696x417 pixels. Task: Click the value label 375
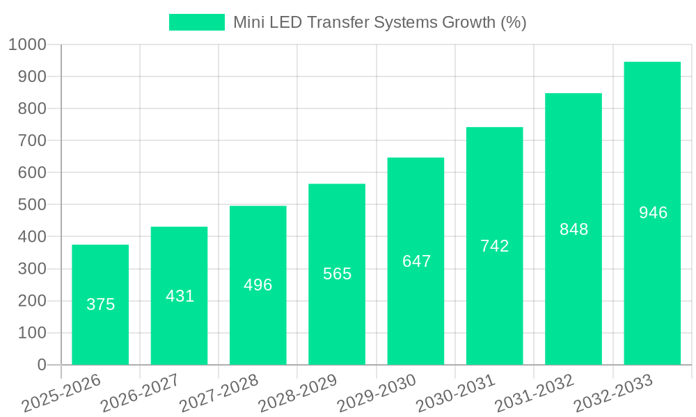tap(100, 304)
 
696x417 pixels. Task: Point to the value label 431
tap(180, 296)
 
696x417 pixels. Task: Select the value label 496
tap(258, 285)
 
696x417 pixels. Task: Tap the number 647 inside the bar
tap(416, 261)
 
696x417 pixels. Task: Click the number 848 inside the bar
tap(574, 229)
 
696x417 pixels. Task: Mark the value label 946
tap(653, 213)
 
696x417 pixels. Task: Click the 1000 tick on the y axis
tap(26, 45)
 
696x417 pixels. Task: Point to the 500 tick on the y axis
tap(31, 205)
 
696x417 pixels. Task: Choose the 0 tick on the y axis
tap(41, 365)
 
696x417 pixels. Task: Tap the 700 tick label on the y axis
tap(31, 141)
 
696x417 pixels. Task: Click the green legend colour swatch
tap(197, 22)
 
